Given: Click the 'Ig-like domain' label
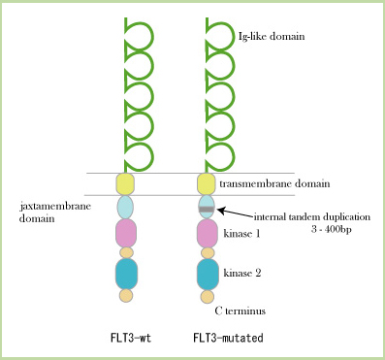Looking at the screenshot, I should click(272, 37).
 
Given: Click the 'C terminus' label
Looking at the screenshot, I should click(240, 311).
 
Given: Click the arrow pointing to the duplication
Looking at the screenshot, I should click(233, 212).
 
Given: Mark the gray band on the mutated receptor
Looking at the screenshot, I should click(207, 209).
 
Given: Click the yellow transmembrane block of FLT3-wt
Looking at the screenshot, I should click(125, 183).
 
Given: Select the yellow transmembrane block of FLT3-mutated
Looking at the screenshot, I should click(207, 183).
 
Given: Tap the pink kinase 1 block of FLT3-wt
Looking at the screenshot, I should click(125, 233).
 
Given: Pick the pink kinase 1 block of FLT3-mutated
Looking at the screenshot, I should click(207, 234).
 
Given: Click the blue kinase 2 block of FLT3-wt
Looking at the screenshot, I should click(125, 274).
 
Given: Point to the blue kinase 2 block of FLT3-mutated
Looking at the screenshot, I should click(207, 274).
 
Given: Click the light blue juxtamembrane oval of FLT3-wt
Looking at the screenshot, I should click(125, 207).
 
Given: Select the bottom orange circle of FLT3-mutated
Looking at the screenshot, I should click(207, 295).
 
